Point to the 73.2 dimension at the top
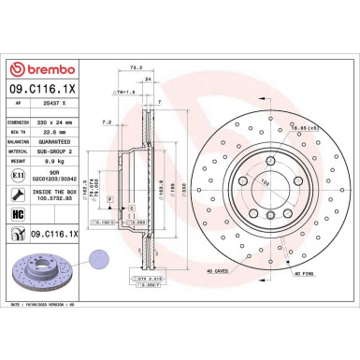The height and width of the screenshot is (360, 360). (135, 68)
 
